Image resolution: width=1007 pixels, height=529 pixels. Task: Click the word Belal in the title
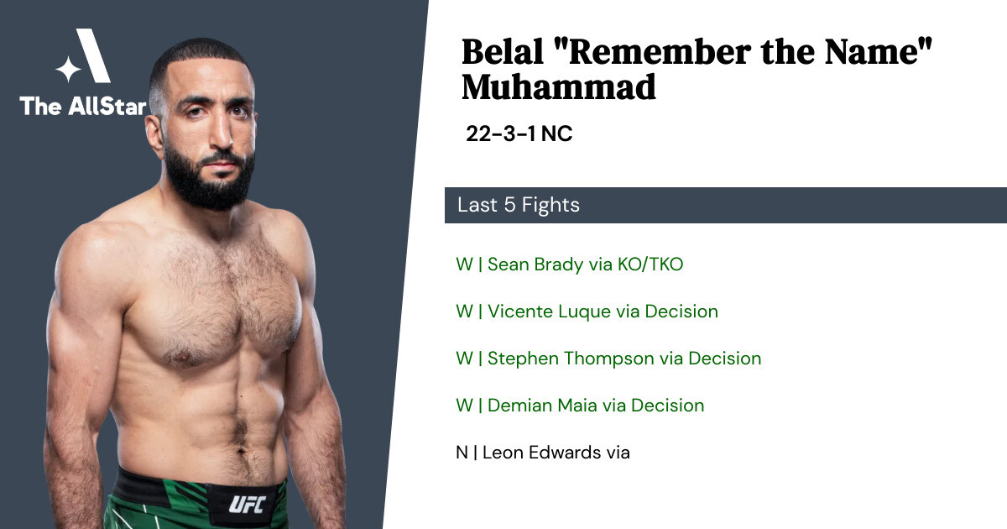[502, 52]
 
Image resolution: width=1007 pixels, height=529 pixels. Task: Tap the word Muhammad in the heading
[559, 87]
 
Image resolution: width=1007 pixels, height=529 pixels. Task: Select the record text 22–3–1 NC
[519, 134]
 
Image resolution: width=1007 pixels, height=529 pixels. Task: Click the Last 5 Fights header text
[519, 205]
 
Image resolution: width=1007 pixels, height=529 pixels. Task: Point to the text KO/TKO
[650, 264]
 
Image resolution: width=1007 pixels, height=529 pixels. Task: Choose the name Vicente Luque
[549, 312]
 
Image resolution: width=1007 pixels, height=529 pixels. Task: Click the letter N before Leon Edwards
[462, 453]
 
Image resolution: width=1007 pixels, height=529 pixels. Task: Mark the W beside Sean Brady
[464, 264]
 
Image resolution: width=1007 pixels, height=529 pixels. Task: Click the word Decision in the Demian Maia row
[668, 406]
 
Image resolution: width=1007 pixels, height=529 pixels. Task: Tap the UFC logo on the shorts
[248, 505]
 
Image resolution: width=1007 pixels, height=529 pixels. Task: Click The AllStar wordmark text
[83, 106]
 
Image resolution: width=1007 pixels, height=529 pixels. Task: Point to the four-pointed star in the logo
[68, 69]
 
